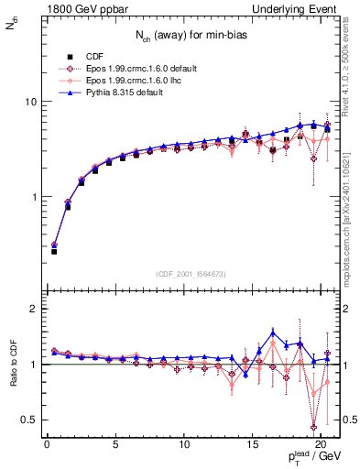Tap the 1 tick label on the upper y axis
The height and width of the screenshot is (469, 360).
tap(30, 197)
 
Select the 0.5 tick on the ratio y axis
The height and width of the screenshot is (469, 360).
tap(27, 420)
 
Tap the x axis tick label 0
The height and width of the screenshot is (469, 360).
tap(47, 444)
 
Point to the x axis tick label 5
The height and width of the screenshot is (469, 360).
tap(115, 444)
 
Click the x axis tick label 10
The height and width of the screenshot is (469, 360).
tap(184, 444)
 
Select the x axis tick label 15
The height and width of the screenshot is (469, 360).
tap(253, 444)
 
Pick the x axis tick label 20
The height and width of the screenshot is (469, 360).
tap(322, 444)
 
